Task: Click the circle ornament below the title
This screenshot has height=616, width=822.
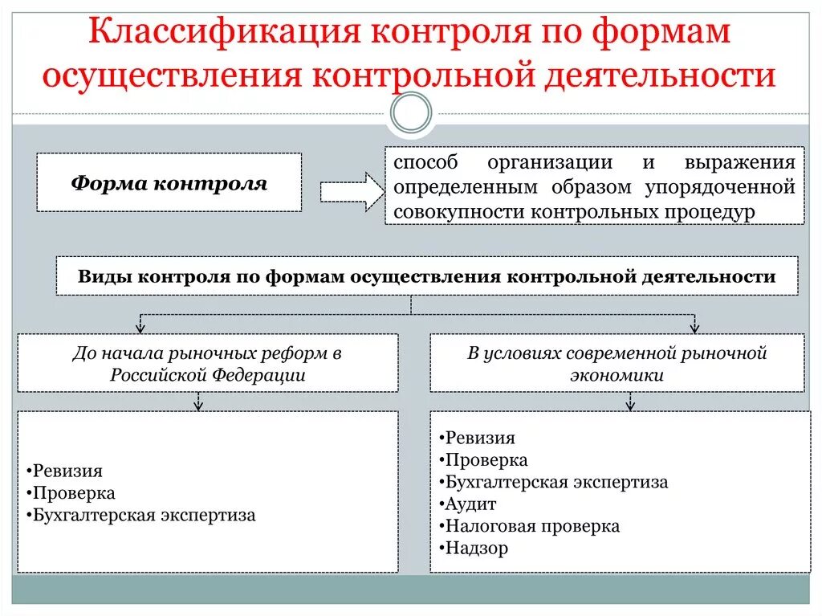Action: coord(411,113)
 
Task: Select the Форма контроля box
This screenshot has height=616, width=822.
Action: coord(169,183)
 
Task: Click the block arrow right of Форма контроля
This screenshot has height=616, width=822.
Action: coord(352,192)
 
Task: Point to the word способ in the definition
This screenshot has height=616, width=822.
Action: coord(425,162)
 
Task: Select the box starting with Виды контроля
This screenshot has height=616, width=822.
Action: coord(426,276)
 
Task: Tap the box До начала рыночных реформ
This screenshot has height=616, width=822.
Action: coord(208,363)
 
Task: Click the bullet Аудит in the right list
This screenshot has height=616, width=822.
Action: coord(470,504)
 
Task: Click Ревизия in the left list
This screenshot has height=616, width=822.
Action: coord(67,471)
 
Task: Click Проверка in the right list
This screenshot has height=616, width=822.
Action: coord(486,460)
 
